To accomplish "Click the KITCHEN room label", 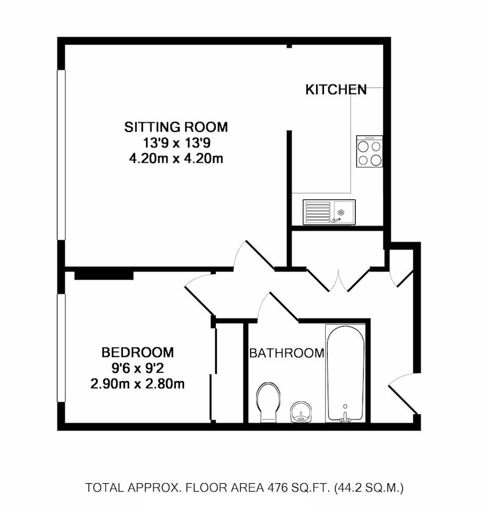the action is tap(336, 89).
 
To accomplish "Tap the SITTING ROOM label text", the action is tap(176, 127).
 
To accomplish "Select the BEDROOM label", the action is tap(138, 352).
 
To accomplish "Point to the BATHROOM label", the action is tap(287, 353).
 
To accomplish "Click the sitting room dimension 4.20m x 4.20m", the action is tap(176, 158).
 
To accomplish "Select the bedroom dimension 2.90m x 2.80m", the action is tap(138, 384).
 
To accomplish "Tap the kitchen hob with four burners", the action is tap(369, 151).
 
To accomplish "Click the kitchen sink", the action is tap(329, 212).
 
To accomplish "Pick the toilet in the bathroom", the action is tap(268, 402).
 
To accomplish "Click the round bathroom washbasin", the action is tap(301, 412).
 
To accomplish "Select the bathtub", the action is tap(345, 373).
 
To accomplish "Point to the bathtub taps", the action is tap(345, 417).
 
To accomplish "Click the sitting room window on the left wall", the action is tap(61, 155).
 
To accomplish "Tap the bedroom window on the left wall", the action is tap(61, 348).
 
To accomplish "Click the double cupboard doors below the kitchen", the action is tap(338, 279).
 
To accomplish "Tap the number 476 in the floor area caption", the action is tap(277, 487).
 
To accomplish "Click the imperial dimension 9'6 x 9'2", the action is tap(138, 368).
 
